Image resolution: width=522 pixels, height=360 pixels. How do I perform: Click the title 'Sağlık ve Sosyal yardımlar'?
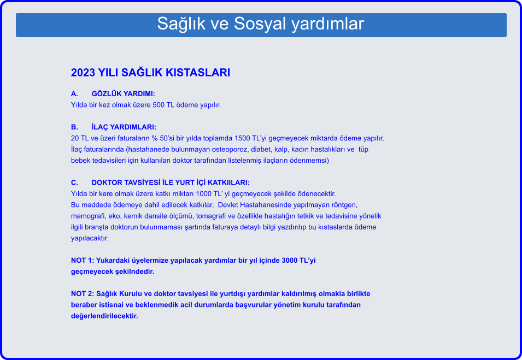tap(260, 24)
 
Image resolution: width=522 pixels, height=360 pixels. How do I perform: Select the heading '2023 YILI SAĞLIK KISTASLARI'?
tap(150, 73)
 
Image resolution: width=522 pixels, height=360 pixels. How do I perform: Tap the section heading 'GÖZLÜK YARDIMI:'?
tap(123, 94)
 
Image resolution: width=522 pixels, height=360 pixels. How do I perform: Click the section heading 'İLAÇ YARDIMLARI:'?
tap(124, 127)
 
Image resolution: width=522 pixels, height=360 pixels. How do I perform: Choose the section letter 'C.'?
tap(74, 182)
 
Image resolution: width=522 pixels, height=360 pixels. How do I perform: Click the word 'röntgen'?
tap(344, 205)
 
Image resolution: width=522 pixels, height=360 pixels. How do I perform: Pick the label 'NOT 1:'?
tap(83, 261)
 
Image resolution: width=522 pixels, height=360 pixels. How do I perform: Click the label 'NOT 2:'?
tap(83, 294)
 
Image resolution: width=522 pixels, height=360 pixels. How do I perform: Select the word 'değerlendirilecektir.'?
tap(104, 316)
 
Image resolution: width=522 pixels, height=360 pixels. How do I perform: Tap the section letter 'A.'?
tap(74, 94)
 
